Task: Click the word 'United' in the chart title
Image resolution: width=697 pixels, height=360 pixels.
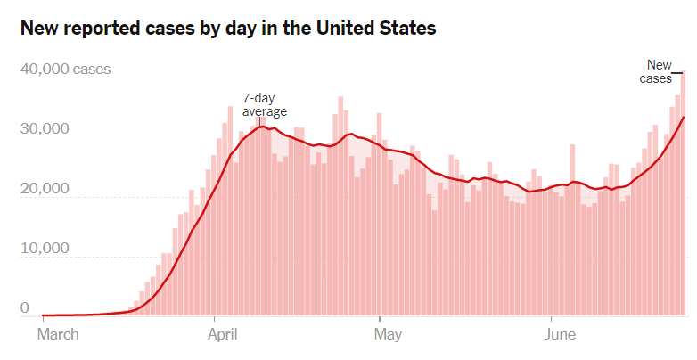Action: pos(340,29)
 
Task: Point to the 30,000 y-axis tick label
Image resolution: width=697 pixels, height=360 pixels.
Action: pos(44,128)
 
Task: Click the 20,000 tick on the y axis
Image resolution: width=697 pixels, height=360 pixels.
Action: pos(44,189)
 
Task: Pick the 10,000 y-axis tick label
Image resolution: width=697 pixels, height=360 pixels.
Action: pos(44,248)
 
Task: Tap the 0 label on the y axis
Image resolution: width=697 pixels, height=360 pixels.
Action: pos(25,308)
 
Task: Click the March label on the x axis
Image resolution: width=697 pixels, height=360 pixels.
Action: pos(58,335)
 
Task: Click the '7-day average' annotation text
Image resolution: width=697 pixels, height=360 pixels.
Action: pos(265,104)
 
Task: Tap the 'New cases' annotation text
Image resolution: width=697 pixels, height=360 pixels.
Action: pos(657,71)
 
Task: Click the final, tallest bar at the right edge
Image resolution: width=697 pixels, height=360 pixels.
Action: pos(683,192)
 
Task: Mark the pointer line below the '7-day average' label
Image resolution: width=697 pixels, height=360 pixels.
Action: pos(259,122)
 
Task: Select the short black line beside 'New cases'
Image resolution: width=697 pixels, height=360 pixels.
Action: pos(676,72)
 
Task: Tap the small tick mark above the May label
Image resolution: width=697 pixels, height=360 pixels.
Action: pos(380,319)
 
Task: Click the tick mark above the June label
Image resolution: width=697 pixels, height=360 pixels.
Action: pos(551,319)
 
